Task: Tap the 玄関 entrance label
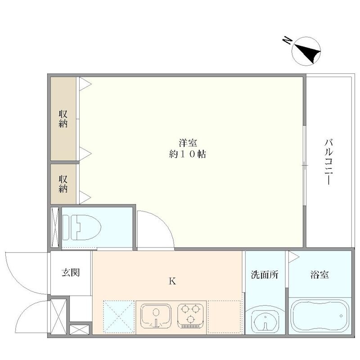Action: pyautogui.click(x=71, y=272)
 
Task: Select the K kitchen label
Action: pyautogui.click(x=172, y=282)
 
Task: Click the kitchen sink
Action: pyautogui.click(x=155, y=315)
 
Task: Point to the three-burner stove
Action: pyautogui.click(x=191, y=315)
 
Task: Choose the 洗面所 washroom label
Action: pyautogui.click(x=264, y=275)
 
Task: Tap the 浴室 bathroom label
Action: pyautogui.click(x=319, y=275)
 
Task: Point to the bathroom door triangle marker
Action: pyautogui.click(x=293, y=256)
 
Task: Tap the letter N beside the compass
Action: pyautogui.click(x=286, y=41)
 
